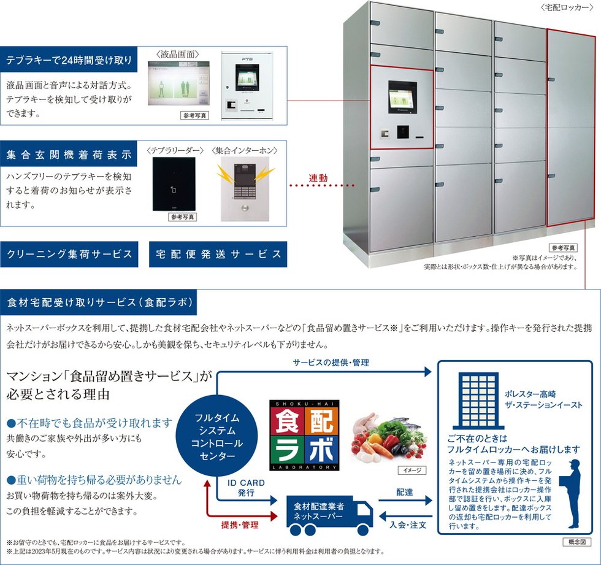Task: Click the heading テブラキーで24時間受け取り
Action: pyautogui.click(x=69, y=61)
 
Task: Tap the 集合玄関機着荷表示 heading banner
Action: pyautogui.click(x=69, y=154)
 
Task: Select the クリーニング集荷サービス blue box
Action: pyautogui.click(x=69, y=254)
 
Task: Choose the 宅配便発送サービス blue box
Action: pyautogui.click(x=218, y=254)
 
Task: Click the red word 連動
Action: pyautogui.click(x=318, y=178)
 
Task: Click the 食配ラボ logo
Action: pyautogui.click(x=304, y=434)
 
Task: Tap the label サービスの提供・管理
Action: pyautogui.click(x=331, y=363)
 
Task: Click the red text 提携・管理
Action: pyautogui.click(x=239, y=526)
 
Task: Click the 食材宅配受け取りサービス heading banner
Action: pyautogui.click(x=101, y=302)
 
